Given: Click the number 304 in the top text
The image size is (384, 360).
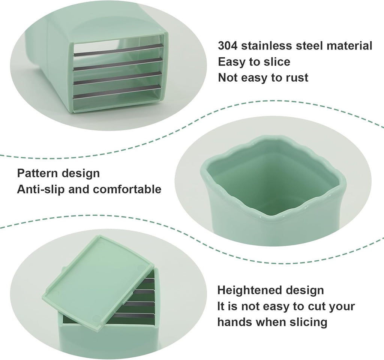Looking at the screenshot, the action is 228,46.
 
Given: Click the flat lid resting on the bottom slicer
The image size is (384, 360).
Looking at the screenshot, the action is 99,283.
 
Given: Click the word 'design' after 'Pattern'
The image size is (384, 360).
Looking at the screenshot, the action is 81,173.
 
